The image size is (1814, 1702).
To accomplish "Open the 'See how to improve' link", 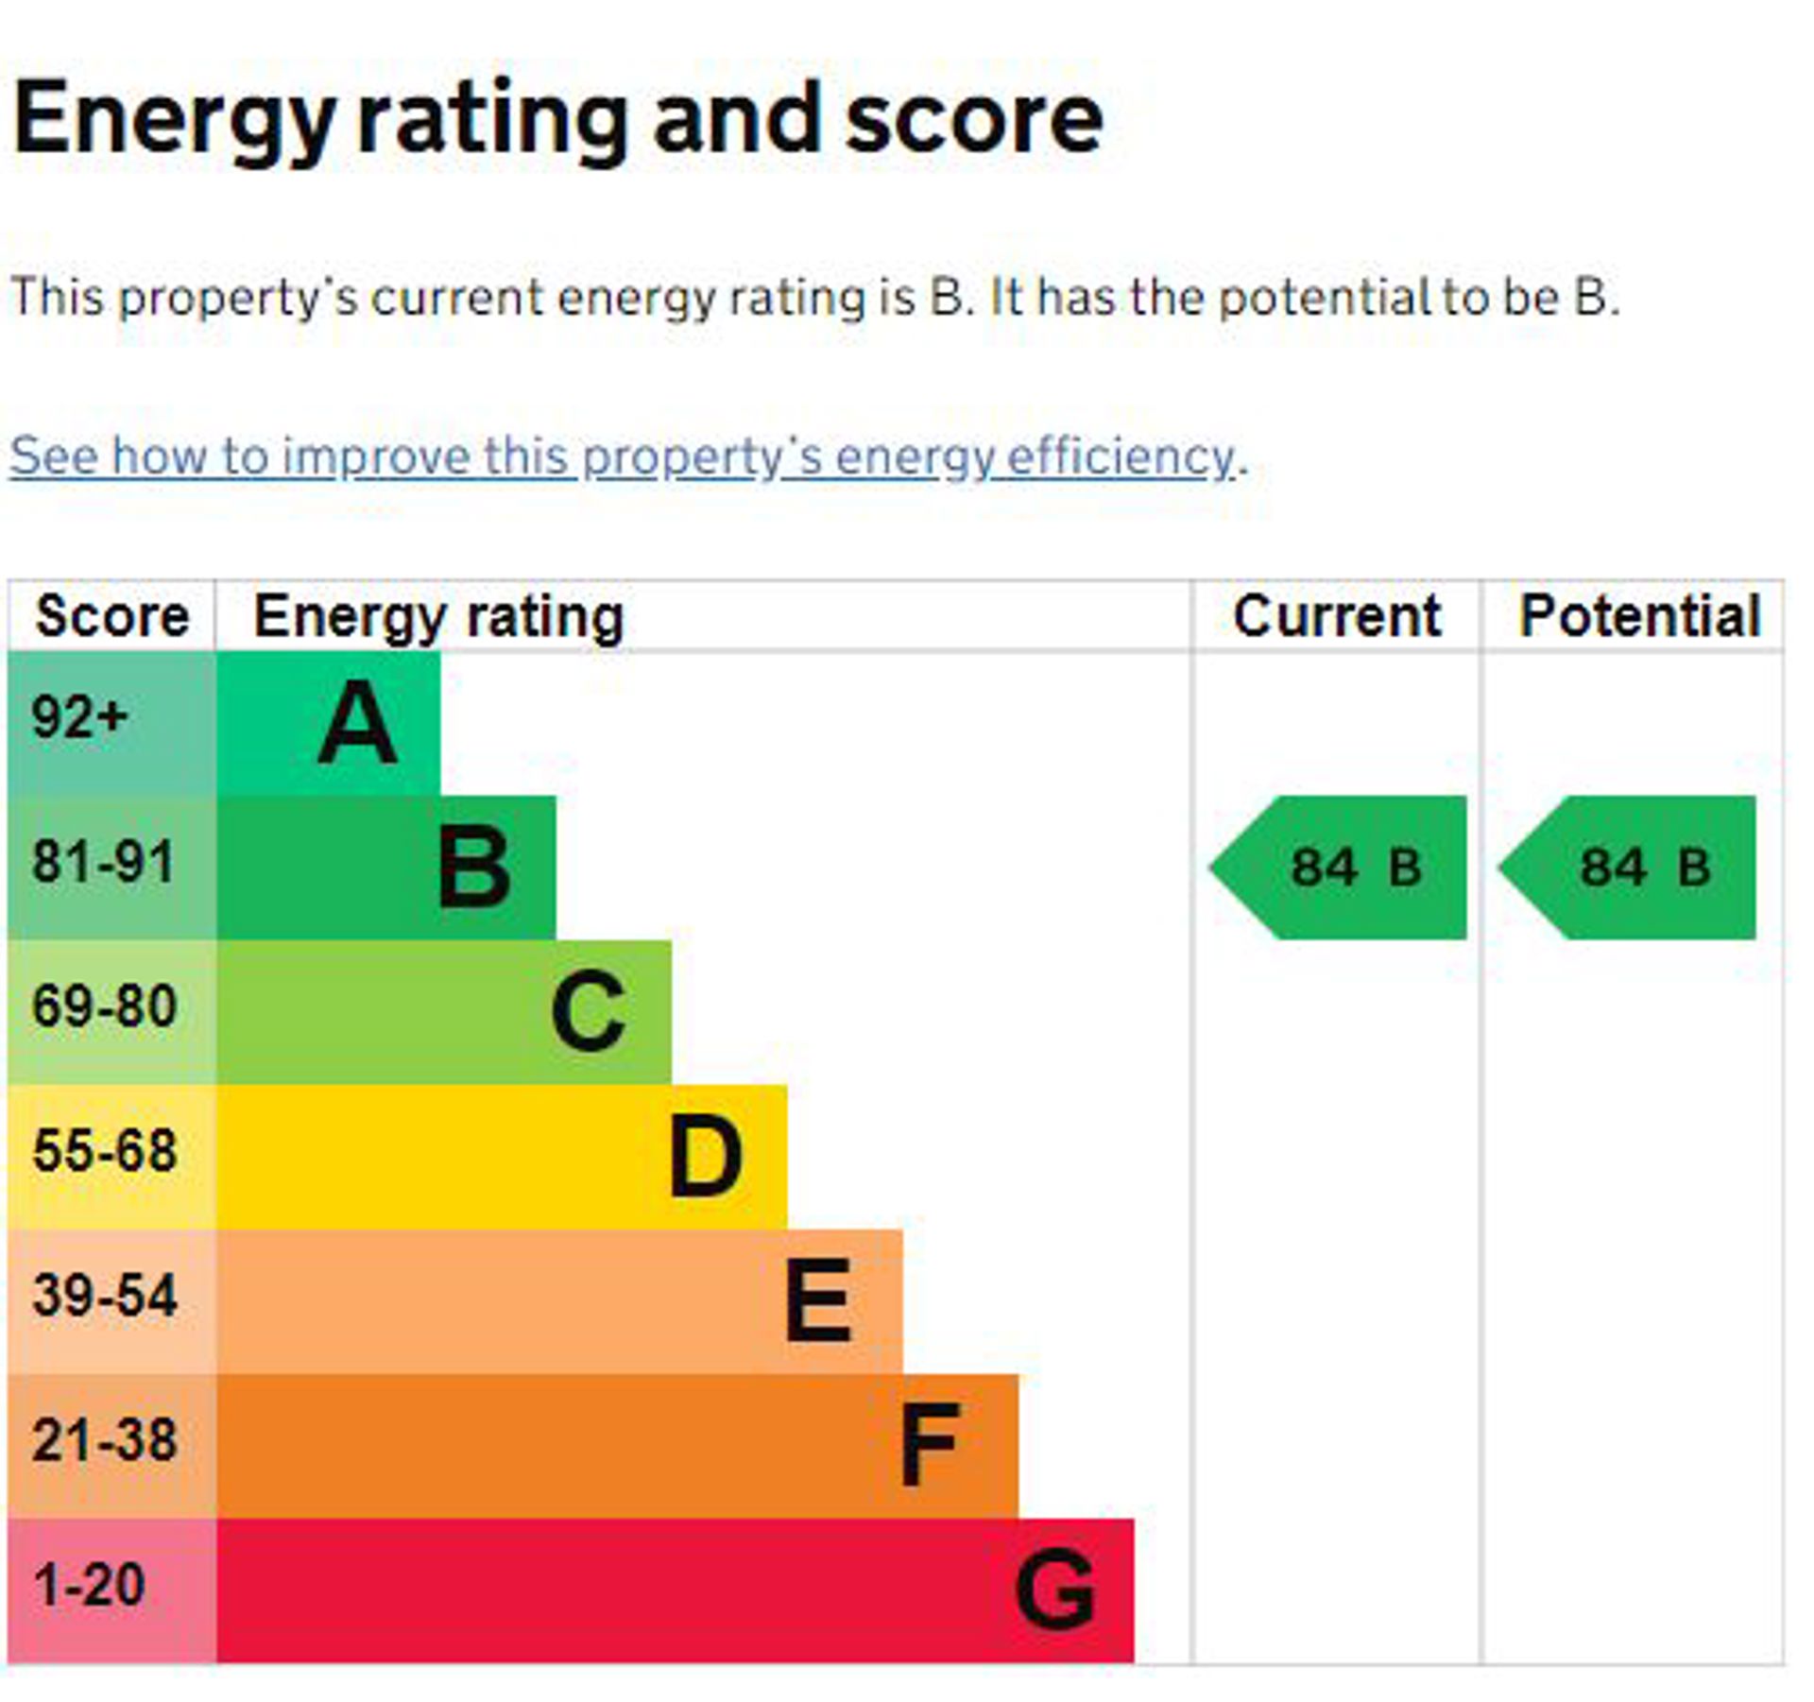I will (623, 456).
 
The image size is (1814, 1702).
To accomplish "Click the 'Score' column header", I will (112, 616).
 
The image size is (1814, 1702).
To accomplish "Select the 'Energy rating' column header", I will (438, 616).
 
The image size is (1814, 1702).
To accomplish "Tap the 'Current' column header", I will (1337, 616).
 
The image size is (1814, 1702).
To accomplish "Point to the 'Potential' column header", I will (1639, 616).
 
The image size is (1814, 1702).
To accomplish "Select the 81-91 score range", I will (104, 862).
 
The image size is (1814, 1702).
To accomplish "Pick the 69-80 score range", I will (104, 1006).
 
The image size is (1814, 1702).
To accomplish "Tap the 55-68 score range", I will (104, 1151).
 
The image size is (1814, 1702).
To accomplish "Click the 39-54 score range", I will (104, 1296).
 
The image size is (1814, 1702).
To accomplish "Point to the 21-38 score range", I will (104, 1440).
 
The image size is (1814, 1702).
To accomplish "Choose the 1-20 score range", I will (89, 1585).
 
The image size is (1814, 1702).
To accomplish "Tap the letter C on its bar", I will (588, 1012).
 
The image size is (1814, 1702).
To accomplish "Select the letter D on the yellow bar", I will (705, 1157).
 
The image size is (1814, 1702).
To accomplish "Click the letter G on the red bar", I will (1054, 1590).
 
